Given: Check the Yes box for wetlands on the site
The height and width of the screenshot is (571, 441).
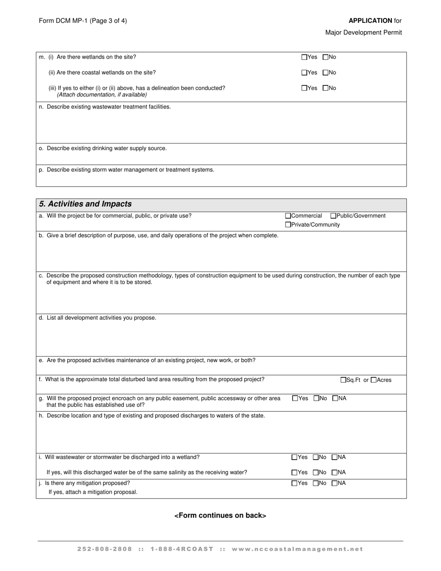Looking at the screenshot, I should click(304, 57).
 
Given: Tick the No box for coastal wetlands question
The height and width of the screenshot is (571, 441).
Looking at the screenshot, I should click(325, 72).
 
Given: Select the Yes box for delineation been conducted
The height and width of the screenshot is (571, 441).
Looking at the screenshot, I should click(304, 88).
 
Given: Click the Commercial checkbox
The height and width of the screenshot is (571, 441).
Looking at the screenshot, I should click(288, 216).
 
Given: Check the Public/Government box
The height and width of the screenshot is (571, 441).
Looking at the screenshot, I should click(333, 216).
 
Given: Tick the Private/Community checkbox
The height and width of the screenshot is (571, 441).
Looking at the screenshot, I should click(288, 225).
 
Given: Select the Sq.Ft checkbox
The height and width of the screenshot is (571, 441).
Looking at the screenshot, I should click(344, 380).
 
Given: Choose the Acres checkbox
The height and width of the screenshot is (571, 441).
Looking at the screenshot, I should click(374, 380).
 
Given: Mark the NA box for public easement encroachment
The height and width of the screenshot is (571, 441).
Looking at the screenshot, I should click(335, 398).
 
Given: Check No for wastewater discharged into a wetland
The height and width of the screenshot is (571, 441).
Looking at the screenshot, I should click(316, 457).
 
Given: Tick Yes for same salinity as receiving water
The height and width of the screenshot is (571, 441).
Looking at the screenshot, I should click(294, 473).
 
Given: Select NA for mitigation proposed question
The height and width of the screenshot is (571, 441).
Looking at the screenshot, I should click(335, 483).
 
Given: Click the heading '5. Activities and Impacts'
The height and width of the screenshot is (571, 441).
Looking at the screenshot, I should click(85, 204).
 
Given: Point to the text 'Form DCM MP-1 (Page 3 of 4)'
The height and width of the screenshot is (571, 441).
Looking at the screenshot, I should click(83, 21).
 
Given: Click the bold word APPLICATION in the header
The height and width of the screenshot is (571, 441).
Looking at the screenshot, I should click(370, 21).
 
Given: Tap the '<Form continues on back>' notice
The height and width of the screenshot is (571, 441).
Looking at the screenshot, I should click(220, 515).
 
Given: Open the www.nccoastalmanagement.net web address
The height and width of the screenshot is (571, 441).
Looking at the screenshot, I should click(297, 549).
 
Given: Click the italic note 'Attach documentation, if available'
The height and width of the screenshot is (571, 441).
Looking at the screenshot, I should click(102, 95).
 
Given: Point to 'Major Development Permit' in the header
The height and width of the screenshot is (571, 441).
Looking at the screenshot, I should click(363, 32).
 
